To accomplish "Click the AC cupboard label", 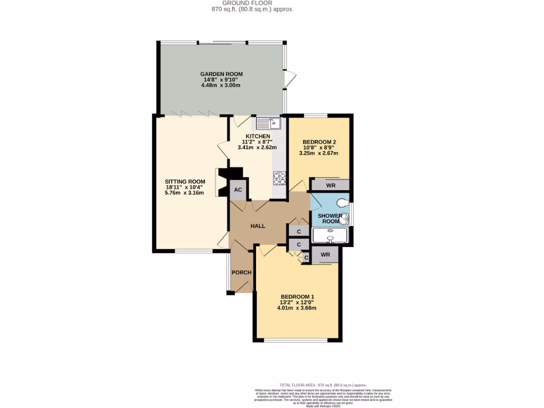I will coord(238,190).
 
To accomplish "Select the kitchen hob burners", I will coord(279,178).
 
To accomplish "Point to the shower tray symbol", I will coord(330,235).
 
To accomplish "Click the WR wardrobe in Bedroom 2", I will coord(330,185).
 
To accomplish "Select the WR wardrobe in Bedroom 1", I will coord(325,255).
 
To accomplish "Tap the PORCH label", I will coord(241,273).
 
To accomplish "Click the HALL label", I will coord(258,226).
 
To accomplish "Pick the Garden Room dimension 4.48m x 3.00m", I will coord(221,85).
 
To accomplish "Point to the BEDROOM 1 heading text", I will coord(297,297).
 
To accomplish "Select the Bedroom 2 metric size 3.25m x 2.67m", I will coord(319,153).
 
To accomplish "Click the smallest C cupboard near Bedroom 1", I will coord(305,258).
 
